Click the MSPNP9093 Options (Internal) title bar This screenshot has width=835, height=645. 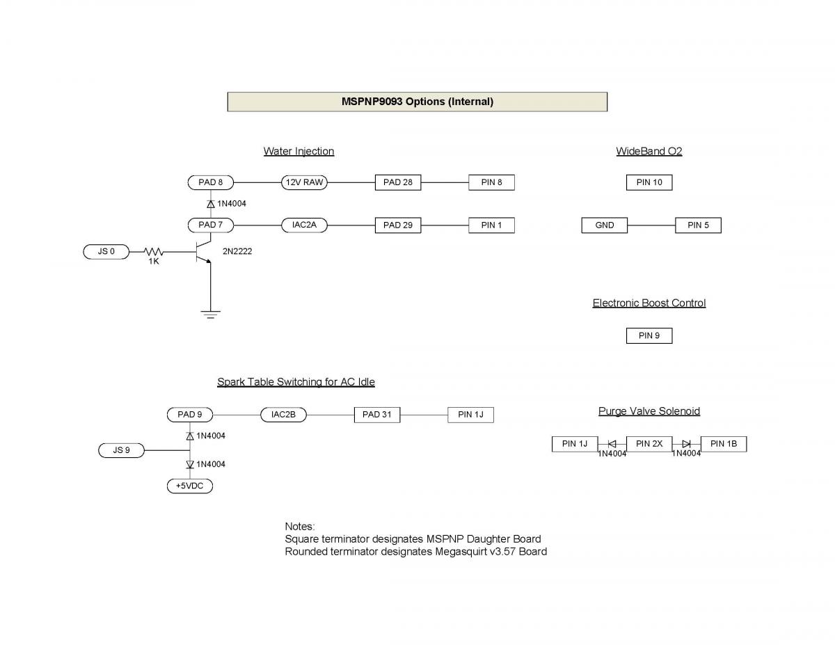(417, 102)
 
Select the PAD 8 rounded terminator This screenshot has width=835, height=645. (211, 183)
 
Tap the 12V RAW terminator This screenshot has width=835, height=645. (304, 183)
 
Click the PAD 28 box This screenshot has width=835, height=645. (398, 183)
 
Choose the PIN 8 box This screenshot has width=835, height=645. (491, 183)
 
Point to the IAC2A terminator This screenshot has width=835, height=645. (304, 225)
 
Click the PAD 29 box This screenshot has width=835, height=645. (398, 225)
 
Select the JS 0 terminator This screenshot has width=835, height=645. (106, 251)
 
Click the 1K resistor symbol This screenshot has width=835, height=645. (154, 251)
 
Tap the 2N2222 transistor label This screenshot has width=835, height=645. (237, 251)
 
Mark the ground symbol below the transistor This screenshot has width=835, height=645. (210, 314)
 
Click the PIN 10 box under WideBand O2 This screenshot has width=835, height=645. (649, 183)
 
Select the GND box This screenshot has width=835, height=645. (605, 225)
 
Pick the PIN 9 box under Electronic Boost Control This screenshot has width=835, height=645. (649, 336)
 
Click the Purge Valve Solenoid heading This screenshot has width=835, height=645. (649, 411)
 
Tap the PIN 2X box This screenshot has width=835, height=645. (649, 444)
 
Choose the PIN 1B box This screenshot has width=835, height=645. (724, 444)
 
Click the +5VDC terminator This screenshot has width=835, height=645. (190, 486)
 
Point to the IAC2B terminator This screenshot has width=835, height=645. (284, 415)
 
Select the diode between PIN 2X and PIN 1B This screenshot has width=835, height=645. (686, 444)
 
